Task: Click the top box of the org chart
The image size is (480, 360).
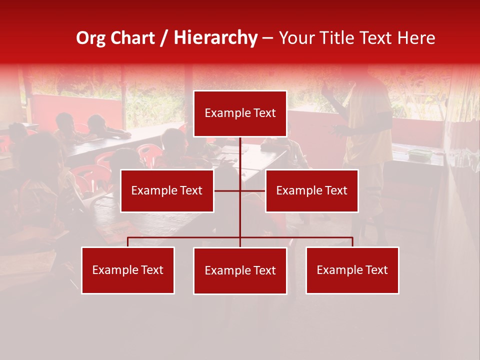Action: click(x=240, y=113)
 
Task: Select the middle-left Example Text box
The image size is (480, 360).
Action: click(x=167, y=190)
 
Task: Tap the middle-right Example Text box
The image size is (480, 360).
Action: click(x=311, y=190)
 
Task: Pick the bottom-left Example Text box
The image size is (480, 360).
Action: click(x=127, y=270)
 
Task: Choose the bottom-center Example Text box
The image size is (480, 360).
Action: click(x=240, y=270)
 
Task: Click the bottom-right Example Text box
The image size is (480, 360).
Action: click(x=352, y=270)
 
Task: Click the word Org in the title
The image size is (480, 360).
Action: click(x=90, y=38)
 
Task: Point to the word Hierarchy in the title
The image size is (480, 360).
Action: click(x=215, y=38)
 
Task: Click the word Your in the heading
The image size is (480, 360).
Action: click(x=296, y=38)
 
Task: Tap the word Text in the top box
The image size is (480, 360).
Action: click(x=264, y=113)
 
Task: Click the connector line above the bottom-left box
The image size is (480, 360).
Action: click(x=127, y=242)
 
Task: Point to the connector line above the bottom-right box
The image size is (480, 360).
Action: click(x=352, y=242)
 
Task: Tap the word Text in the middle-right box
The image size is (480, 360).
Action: click(x=336, y=190)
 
